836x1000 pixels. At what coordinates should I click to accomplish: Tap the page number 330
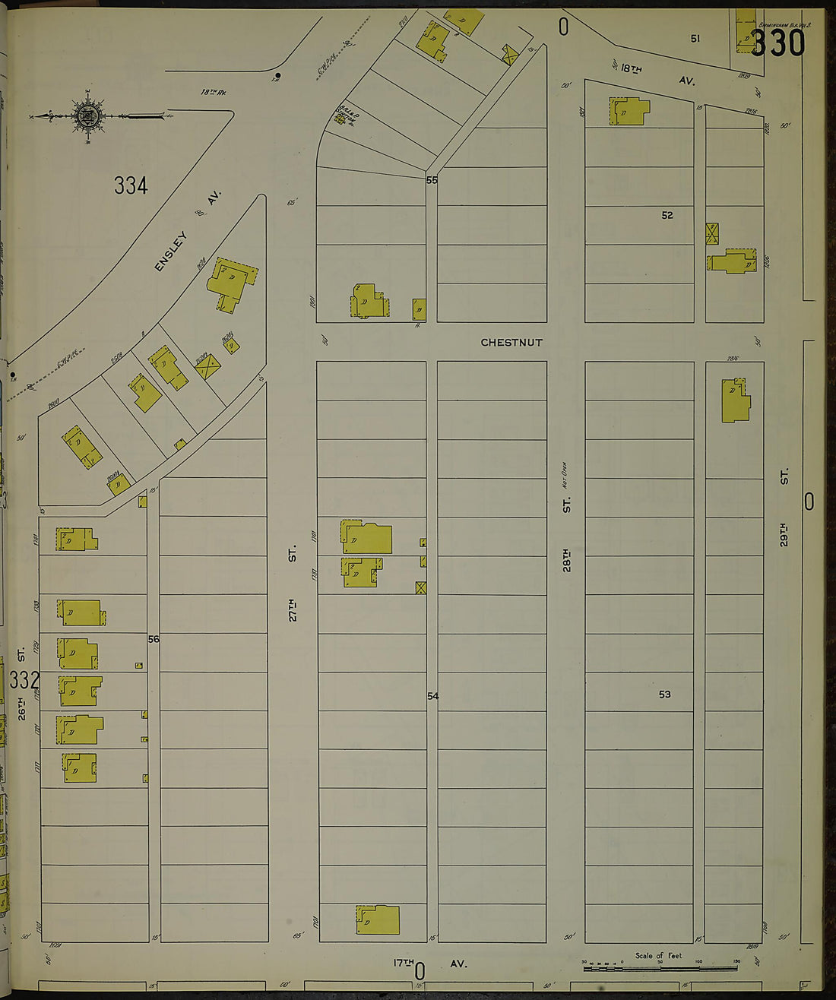777,43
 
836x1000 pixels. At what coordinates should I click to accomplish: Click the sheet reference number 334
131,185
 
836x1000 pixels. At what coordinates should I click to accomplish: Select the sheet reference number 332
24,679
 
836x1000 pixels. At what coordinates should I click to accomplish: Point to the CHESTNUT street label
511,343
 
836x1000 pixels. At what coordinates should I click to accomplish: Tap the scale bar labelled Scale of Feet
660,967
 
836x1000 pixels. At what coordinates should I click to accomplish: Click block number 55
432,180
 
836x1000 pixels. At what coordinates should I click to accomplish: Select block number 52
667,216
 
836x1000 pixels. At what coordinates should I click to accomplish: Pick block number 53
665,695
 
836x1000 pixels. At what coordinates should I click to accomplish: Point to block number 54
432,696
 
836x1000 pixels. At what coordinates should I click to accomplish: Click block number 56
154,639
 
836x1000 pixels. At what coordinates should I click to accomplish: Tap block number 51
695,38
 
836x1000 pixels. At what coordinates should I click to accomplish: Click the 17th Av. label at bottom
429,964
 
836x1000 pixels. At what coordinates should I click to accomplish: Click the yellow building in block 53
735,400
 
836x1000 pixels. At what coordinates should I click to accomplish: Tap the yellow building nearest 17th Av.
378,919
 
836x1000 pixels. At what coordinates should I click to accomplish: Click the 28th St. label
567,540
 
